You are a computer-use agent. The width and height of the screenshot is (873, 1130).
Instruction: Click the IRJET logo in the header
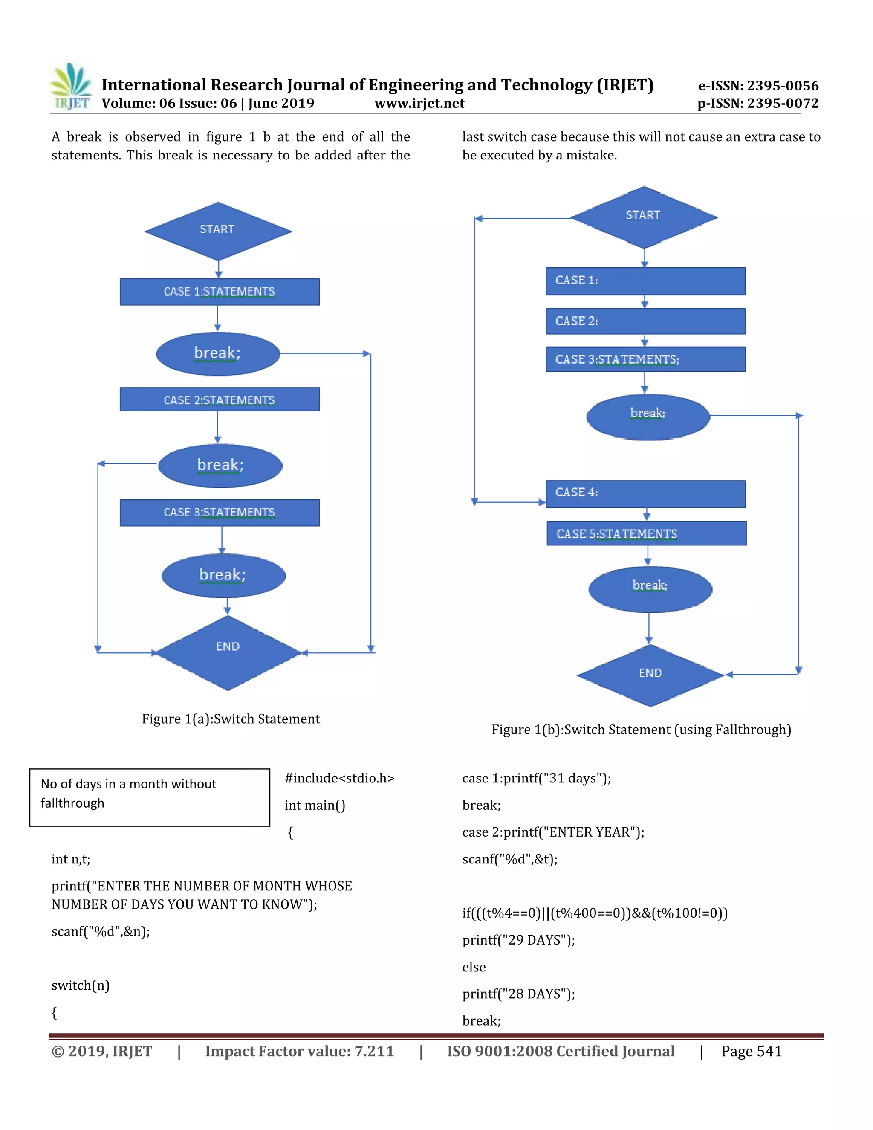point(71,87)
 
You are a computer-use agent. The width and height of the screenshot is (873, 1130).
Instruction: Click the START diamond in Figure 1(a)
point(218,231)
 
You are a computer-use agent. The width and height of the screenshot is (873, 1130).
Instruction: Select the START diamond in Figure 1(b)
point(643,217)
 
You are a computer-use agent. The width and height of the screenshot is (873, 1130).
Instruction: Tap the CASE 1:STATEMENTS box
point(219,292)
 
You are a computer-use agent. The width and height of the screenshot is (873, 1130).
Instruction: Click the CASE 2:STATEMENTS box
point(219,400)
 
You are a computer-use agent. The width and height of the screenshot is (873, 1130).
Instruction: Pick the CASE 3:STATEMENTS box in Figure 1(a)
point(219,512)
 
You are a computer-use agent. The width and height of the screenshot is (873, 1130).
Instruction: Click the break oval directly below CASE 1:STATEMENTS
point(218,353)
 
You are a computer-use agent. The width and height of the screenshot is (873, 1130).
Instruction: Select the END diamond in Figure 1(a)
point(228,652)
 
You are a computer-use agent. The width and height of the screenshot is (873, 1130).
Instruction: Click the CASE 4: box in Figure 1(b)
point(645,493)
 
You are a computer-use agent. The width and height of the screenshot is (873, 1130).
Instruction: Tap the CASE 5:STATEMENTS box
point(647,533)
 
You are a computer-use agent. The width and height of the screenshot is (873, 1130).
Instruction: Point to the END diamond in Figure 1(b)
point(650,675)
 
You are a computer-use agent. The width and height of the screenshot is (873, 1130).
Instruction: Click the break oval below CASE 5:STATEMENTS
point(650,589)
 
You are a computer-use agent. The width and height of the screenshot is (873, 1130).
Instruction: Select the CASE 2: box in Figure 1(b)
point(645,321)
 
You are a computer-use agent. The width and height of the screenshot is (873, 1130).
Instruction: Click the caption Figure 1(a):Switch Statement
point(231,719)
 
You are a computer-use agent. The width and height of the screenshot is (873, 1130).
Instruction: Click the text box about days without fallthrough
point(150,797)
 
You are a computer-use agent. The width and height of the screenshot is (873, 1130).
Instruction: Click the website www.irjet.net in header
point(419,104)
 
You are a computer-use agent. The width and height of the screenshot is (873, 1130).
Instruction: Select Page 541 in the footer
point(751,1051)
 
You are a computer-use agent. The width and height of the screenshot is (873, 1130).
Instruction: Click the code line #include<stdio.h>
point(339,778)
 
